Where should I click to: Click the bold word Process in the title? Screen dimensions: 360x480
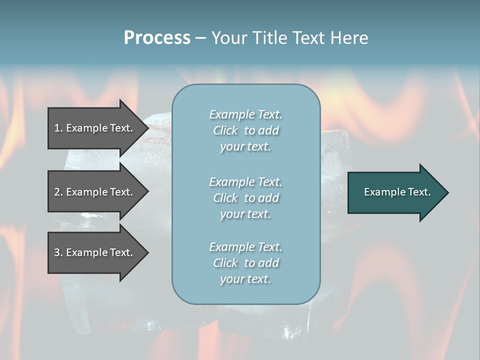click(x=157, y=38)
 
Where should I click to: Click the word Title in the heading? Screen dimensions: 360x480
click(x=270, y=38)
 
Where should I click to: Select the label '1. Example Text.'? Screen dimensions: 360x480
click(x=93, y=128)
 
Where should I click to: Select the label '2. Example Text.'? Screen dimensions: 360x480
click(x=93, y=192)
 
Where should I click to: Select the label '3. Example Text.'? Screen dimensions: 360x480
click(x=93, y=252)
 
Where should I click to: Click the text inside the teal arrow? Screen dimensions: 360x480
click(x=397, y=192)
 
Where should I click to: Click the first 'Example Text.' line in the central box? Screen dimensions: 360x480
click(x=245, y=114)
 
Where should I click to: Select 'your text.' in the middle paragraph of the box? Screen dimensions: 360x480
click(x=245, y=214)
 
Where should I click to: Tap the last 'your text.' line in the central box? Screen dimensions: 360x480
click(x=245, y=279)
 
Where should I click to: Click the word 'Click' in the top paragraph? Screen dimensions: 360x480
click(x=225, y=130)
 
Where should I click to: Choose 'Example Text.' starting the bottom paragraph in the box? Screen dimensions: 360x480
click(x=245, y=247)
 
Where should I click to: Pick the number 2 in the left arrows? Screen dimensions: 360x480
click(x=56, y=192)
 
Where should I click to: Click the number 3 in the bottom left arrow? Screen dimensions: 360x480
click(x=56, y=252)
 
